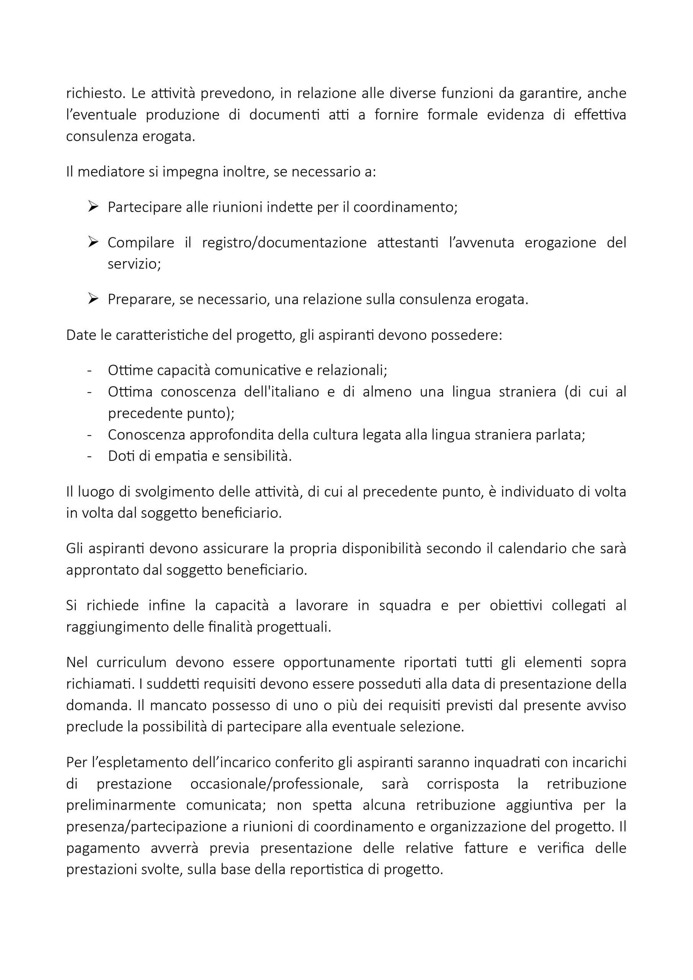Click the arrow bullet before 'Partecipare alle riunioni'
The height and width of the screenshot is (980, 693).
[x=93, y=207]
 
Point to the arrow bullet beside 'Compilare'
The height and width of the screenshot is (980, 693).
[x=93, y=242]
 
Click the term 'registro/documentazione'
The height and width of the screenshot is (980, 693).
[x=284, y=242]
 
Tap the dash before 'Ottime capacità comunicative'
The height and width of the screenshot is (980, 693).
[x=90, y=371]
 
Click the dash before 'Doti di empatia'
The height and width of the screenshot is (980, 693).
[x=90, y=456]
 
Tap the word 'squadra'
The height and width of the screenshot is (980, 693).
[x=405, y=605]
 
